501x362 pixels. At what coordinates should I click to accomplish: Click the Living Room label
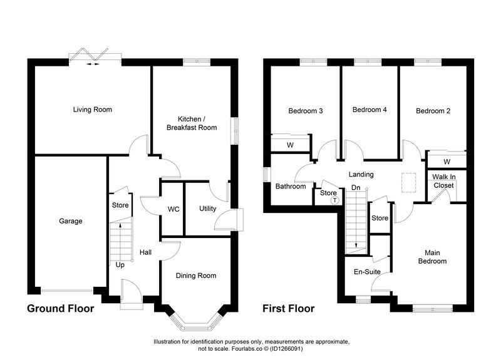pyautogui.click(x=92, y=110)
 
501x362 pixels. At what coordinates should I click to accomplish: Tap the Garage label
pyautogui.click(x=71, y=220)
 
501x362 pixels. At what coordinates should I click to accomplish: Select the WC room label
pyautogui.click(x=173, y=209)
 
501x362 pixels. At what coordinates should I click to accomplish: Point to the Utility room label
pyautogui.click(x=207, y=209)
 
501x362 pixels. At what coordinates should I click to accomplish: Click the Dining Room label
pyautogui.click(x=196, y=276)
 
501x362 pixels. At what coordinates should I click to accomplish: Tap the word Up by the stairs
pyautogui.click(x=120, y=265)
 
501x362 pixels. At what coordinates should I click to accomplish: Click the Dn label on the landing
pyautogui.click(x=355, y=187)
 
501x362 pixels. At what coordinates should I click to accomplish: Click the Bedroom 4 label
pyautogui.click(x=369, y=110)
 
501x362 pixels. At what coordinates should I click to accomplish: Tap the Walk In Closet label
pyautogui.click(x=444, y=182)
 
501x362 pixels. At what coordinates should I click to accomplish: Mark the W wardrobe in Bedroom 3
pyautogui.click(x=291, y=145)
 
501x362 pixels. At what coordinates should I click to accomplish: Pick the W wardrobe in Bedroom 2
pyautogui.click(x=446, y=162)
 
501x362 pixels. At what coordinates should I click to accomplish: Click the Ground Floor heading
pyautogui.click(x=60, y=309)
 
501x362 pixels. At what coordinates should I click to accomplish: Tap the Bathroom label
pyautogui.click(x=291, y=186)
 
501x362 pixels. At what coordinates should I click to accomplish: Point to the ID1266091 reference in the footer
pyautogui.click(x=328, y=348)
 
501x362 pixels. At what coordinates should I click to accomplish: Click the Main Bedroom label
pyautogui.click(x=433, y=257)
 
